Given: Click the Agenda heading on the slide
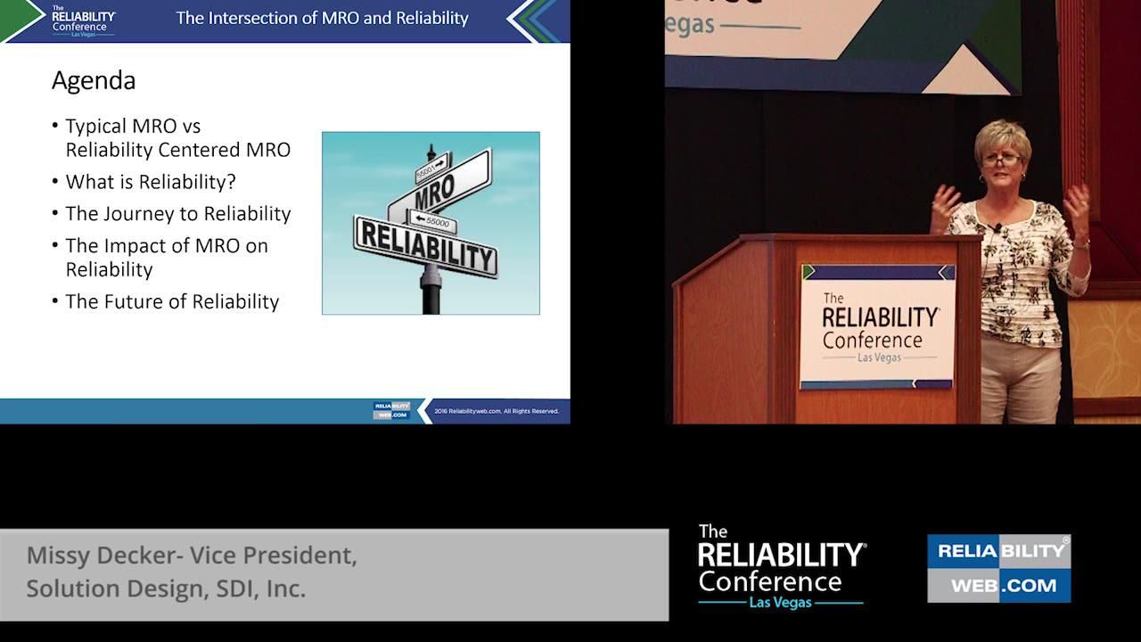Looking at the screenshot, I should coord(94,81).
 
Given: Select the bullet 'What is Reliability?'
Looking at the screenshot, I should coord(151,182).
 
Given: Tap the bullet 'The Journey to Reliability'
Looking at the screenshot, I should coord(178,214).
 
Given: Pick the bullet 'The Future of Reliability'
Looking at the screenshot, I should coord(172,301).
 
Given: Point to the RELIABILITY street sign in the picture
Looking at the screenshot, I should coord(426,245).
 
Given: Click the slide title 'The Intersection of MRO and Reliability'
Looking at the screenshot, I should coord(322,18).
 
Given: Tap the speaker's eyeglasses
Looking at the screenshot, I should coord(1003,160).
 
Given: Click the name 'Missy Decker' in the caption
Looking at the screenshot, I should coord(101,556).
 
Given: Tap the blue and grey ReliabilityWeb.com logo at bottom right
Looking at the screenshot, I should coord(998,568).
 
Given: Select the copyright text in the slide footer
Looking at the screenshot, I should coord(497,411).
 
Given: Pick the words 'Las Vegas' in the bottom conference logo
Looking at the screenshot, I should coord(781,603).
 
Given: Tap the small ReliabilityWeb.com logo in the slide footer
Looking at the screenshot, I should coord(391,410).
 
